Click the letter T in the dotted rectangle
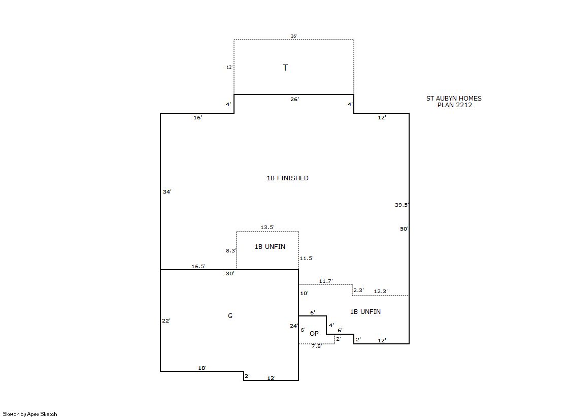coord(285,68)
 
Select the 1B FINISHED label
coord(288,178)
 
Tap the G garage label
coord(230,316)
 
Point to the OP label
coord(314,334)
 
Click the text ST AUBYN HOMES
coord(454,98)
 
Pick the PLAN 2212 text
coord(455,105)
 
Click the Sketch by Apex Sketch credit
coord(30,414)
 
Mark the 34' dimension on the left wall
coord(167,191)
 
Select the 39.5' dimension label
coord(402,205)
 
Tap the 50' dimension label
coord(404,229)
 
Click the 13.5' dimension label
coord(268,228)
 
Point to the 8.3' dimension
coord(231,250)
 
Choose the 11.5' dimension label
coord(307,258)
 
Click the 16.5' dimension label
coord(198,267)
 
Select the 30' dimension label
coord(230,273)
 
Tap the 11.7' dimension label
coord(326,281)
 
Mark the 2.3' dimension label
coord(359,291)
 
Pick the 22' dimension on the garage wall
coord(166,320)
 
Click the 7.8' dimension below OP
coord(317,346)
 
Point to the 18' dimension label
coord(202,368)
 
